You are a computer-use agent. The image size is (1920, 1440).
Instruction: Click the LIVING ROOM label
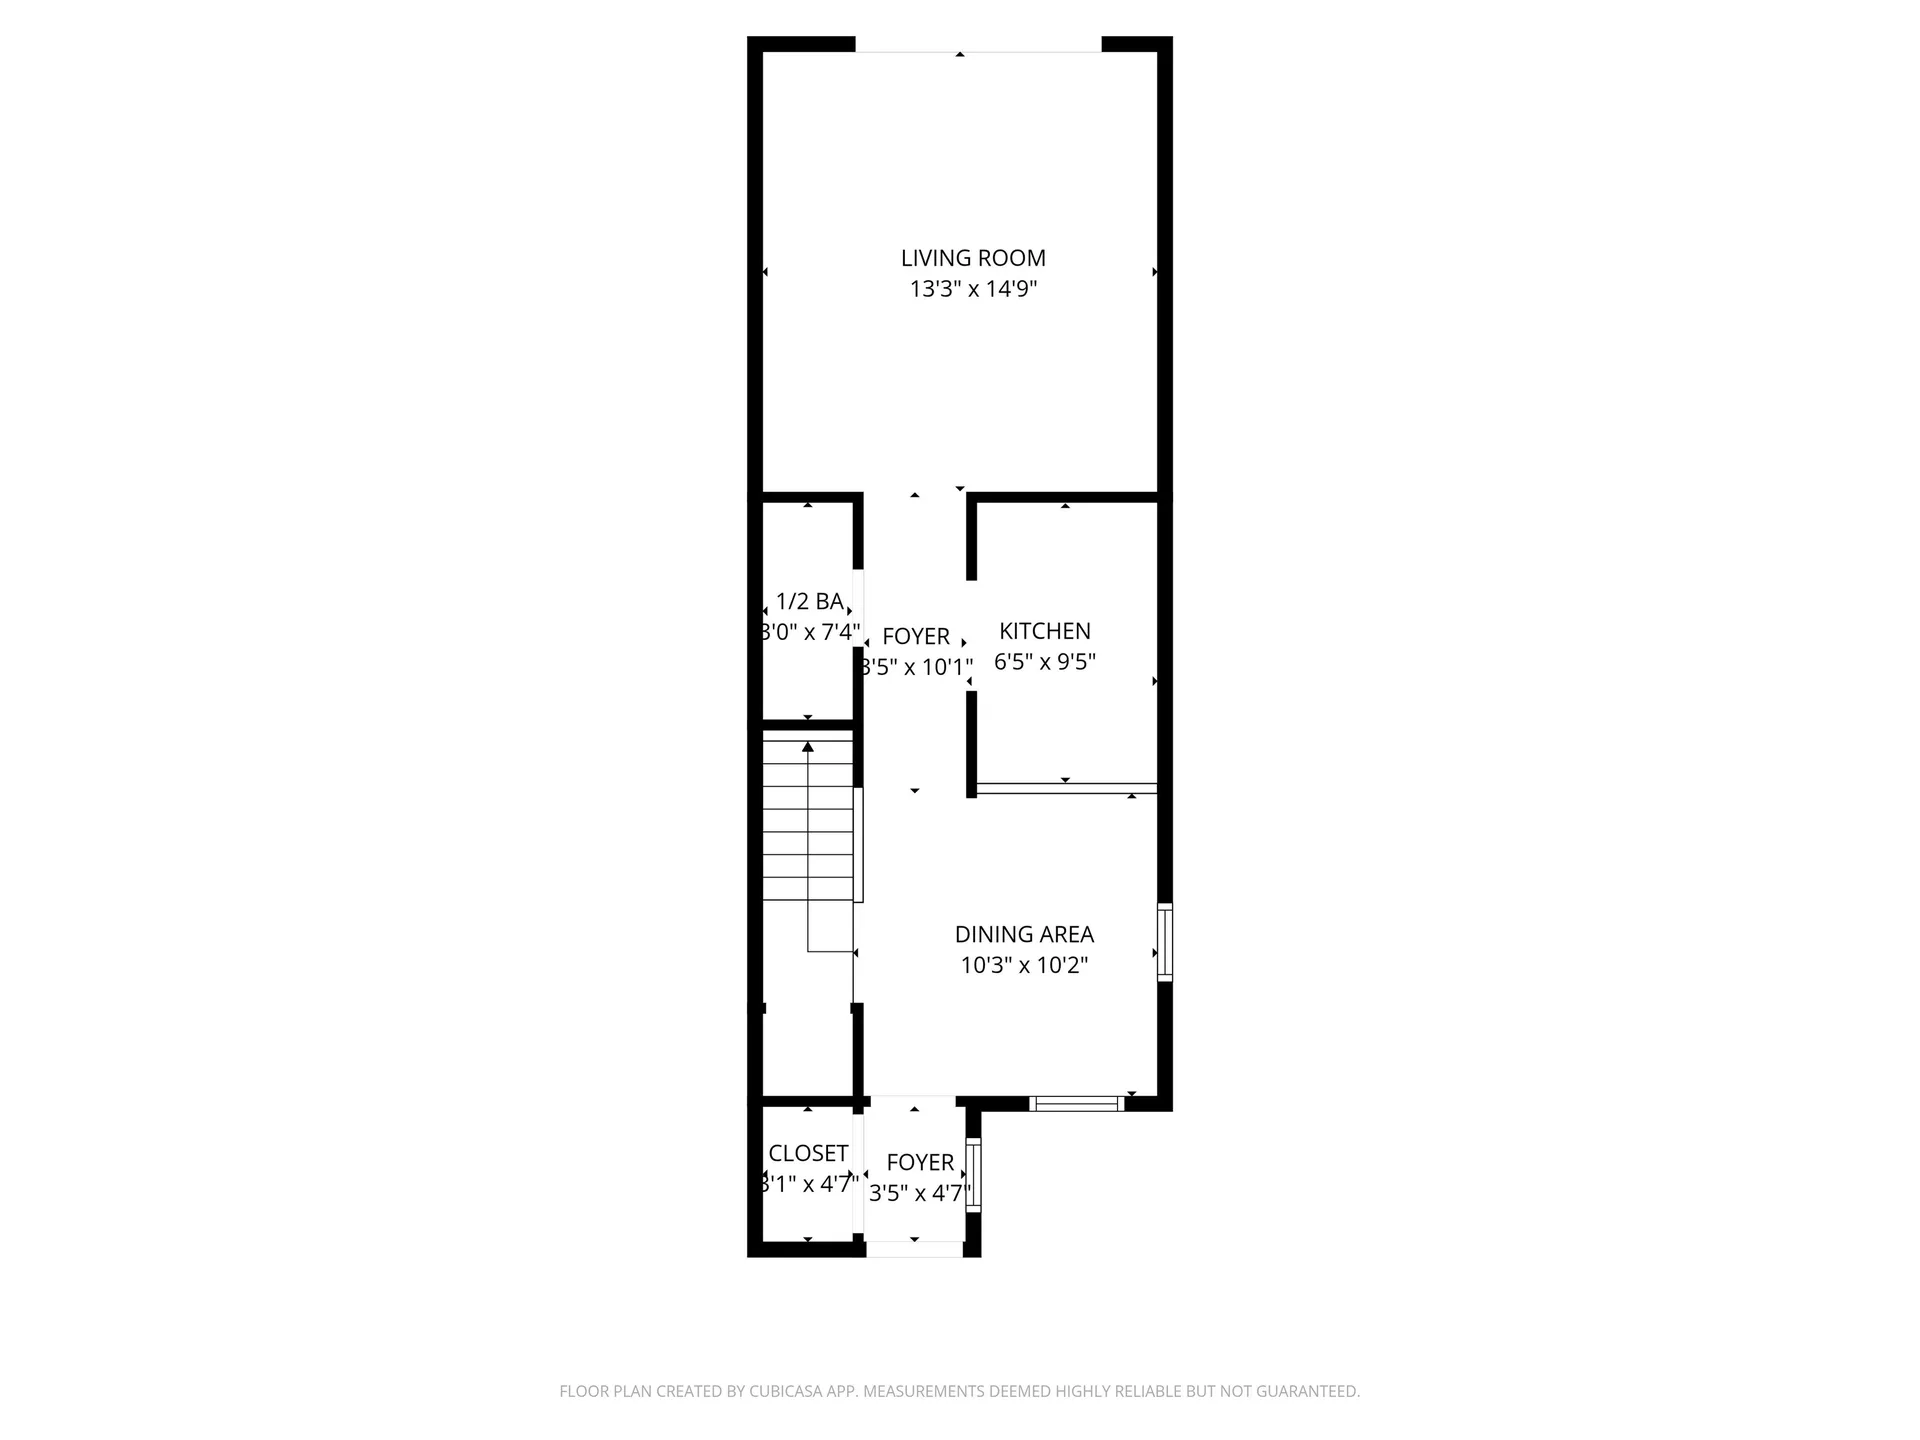(x=973, y=258)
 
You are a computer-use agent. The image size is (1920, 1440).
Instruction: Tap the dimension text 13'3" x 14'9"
(x=973, y=290)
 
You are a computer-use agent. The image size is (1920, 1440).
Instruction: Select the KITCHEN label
(x=1045, y=631)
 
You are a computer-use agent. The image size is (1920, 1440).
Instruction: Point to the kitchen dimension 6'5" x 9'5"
(x=1045, y=662)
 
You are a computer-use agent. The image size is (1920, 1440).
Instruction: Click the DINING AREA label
(x=1024, y=934)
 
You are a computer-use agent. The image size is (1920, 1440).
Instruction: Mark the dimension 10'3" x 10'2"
(x=1024, y=965)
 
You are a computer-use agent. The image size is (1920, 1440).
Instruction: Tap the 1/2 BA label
(x=809, y=601)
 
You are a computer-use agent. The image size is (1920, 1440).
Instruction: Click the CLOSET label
(x=808, y=1153)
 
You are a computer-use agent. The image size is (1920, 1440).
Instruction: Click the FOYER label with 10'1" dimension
(x=916, y=636)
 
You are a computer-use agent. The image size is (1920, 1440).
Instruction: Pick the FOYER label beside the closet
(x=920, y=1162)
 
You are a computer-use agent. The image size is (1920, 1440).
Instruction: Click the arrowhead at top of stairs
(x=808, y=746)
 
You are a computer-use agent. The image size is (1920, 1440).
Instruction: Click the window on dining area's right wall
(x=1165, y=942)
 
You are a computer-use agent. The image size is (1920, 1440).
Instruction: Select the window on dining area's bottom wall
(x=1077, y=1104)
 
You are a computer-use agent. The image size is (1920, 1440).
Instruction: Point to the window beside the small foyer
(x=973, y=1176)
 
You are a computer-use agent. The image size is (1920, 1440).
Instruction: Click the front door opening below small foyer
(x=915, y=1250)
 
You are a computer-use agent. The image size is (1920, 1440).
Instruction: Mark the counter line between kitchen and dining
(x=1067, y=789)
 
